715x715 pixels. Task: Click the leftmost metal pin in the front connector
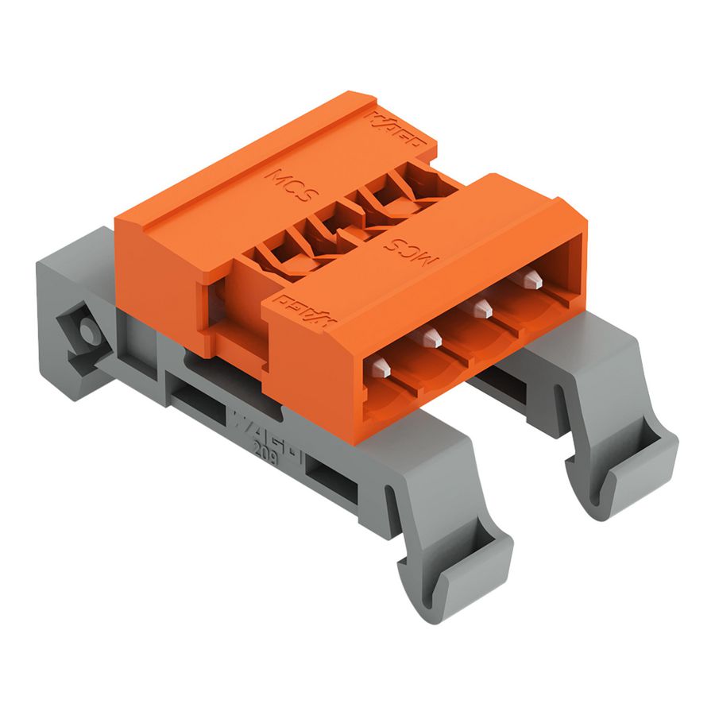(381, 368)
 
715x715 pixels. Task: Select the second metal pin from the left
(431, 338)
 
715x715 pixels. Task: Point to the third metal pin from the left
(481, 308)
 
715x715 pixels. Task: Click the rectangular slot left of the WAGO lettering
(198, 399)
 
